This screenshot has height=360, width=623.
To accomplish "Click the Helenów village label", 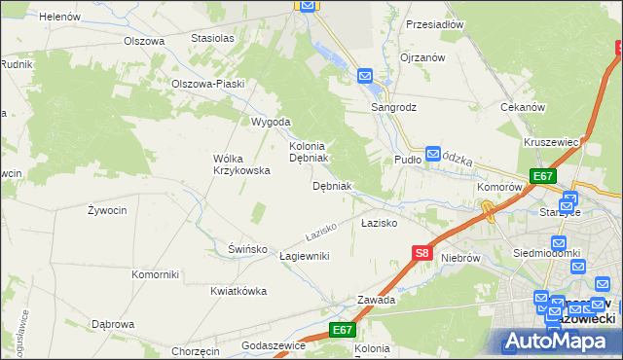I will [60, 17].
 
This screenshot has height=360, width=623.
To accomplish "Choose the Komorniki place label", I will [156, 274].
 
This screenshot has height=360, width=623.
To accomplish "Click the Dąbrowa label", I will [112, 324].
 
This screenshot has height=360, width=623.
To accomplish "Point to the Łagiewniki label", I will [305, 255].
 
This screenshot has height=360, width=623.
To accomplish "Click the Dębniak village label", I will [332, 185].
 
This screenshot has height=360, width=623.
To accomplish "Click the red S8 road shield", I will [421, 253].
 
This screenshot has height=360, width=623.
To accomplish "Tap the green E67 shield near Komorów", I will [543, 176].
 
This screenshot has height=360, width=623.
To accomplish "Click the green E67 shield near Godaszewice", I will [342, 330].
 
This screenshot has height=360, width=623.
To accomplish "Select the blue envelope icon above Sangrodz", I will [365, 75].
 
